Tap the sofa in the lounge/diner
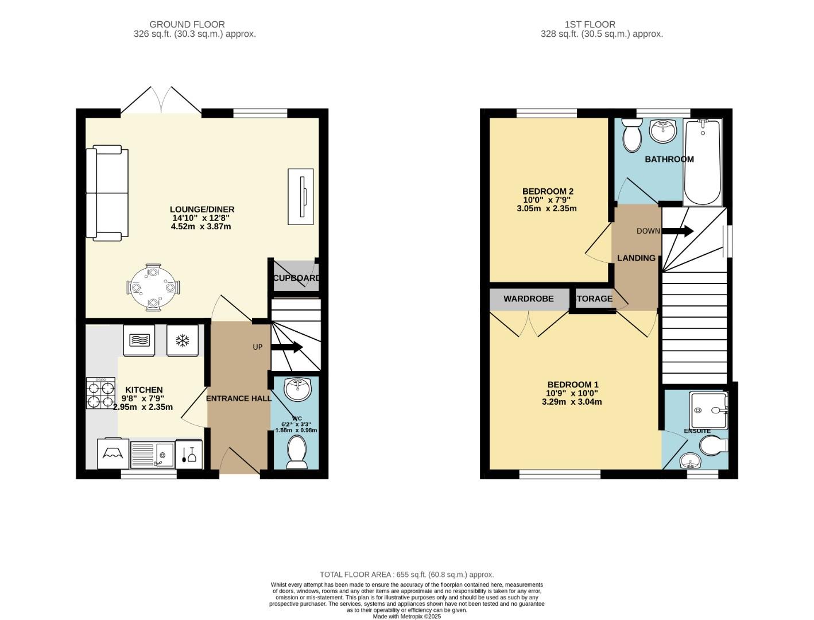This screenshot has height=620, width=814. [x=107, y=193]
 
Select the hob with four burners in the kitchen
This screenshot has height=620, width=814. [x=100, y=393]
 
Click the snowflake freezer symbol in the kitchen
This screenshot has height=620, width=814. [x=183, y=340]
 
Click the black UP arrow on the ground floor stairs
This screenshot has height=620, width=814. [x=287, y=347]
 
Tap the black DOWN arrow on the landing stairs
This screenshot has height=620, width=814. [x=677, y=231]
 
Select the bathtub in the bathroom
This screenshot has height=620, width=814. [x=703, y=162]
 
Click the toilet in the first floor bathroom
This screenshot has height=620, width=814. [x=632, y=135]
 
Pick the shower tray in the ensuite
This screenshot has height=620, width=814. [x=708, y=410]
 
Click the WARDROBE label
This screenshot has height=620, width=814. [x=529, y=299]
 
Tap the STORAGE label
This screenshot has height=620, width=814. [x=594, y=299]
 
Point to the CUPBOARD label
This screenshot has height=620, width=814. [x=296, y=278]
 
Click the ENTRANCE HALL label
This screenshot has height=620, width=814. [x=239, y=398]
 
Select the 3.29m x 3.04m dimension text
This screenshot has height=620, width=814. [x=572, y=402]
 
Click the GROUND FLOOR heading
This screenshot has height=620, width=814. [x=187, y=25]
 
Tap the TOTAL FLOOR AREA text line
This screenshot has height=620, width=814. [x=407, y=575]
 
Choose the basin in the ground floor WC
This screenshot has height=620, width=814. [x=298, y=389]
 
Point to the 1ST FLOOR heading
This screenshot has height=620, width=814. [x=590, y=25]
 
